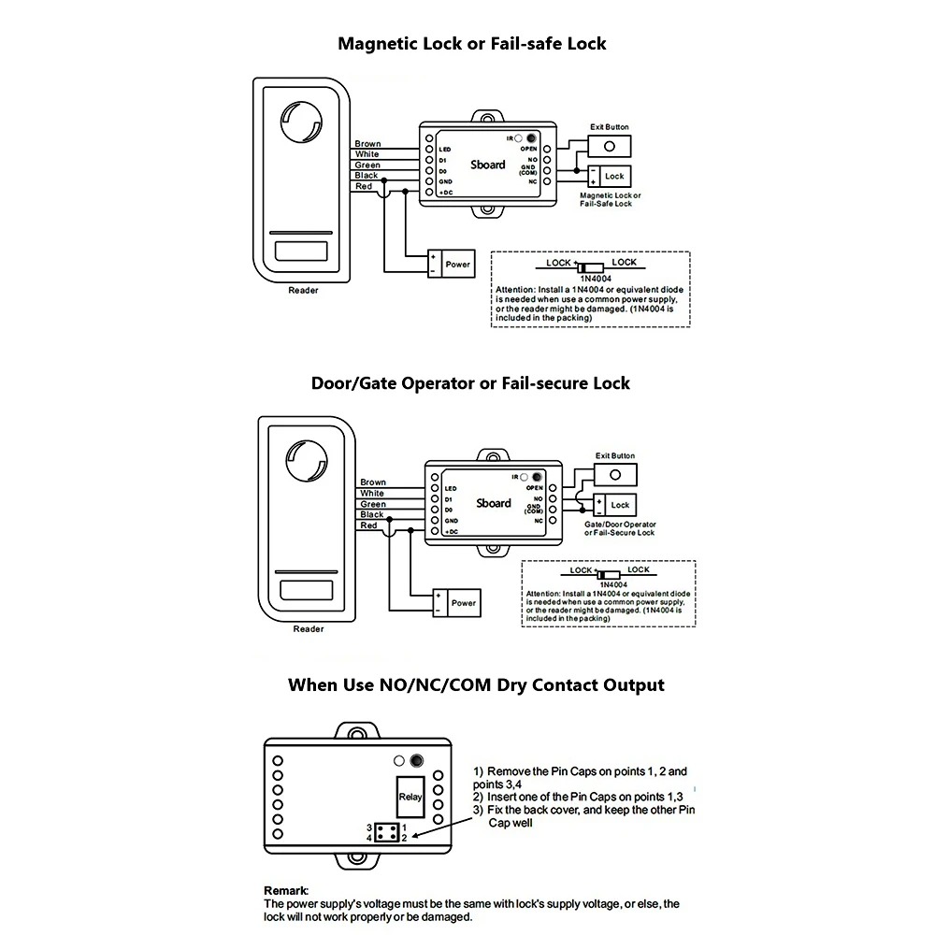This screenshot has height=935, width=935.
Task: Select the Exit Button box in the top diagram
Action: [x=609, y=147]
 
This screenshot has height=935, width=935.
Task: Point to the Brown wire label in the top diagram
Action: [x=367, y=144]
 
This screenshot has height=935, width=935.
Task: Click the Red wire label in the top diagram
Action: [x=364, y=186]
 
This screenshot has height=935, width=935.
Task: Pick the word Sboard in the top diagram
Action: [x=489, y=165]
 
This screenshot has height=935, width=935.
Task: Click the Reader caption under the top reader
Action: [x=303, y=291]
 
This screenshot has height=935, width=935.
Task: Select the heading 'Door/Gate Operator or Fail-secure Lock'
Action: [x=470, y=383]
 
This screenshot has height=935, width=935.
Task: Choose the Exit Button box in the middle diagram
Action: [x=615, y=475]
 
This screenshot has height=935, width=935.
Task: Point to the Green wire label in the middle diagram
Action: [x=373, y=504]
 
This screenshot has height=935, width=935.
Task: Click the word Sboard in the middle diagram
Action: [x=494, y=503]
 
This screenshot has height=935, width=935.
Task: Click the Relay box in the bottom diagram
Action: [x=410, y=798]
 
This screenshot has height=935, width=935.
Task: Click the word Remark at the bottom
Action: [x=286, y=891]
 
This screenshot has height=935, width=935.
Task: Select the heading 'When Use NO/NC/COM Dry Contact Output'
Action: [x=476, y=685]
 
